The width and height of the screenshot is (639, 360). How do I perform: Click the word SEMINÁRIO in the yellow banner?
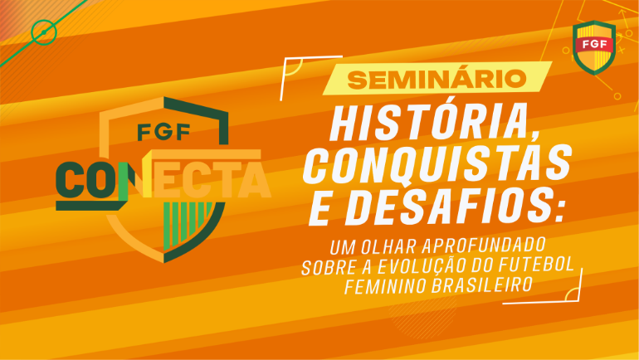437,80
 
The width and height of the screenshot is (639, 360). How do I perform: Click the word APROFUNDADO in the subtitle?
483,246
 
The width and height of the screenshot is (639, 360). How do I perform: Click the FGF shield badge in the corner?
594,47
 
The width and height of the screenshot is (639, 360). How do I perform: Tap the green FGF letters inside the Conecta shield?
163,132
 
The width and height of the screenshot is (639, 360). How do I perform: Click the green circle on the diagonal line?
44,32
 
